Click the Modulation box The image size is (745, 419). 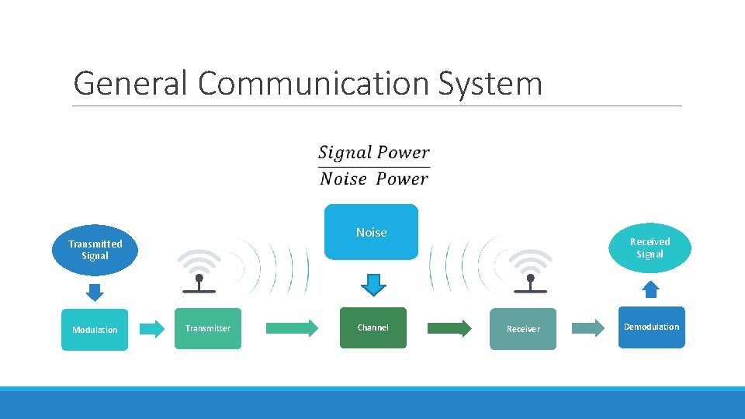pos(95,330)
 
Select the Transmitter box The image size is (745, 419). pos(208,328)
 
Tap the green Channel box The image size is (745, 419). pos(372,327)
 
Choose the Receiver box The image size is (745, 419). pos(523,329)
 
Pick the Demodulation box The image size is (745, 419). pos(651,327)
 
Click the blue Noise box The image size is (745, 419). pos(371,232)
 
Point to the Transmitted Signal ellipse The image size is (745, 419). pos(95,250)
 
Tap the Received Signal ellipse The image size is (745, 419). pos(650,248)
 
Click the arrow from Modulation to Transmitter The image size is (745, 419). pos(152,329)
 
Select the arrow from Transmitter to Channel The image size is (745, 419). pos(292,327)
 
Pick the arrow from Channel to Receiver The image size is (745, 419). pos(449,328)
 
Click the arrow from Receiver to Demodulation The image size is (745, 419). pos(588,328)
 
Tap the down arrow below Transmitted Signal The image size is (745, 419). pos(94,292)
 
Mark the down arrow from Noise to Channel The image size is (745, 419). pos(373,285)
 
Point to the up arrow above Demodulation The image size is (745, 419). pos(651,289)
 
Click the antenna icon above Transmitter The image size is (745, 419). pos(199,271)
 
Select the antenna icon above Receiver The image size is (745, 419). pos(531,271)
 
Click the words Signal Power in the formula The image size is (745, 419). pos(373,153)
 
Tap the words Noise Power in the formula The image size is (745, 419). pos(373,179)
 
